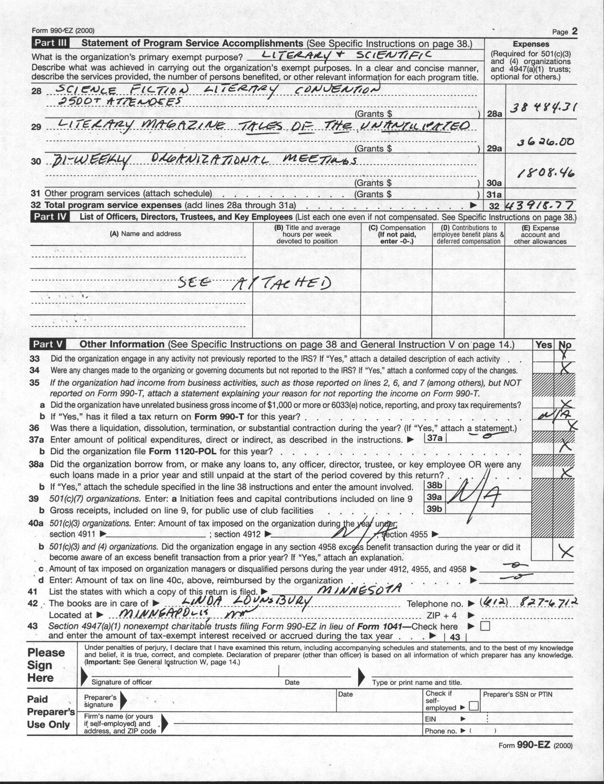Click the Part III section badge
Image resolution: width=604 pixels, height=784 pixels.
coord(50,43)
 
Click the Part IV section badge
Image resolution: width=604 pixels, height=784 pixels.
coord(50,217)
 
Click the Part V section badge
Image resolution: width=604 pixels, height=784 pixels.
coord(49,344)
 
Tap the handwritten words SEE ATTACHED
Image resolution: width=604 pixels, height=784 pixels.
coord(255,283)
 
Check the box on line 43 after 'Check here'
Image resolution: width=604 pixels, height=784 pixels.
coord(485,627)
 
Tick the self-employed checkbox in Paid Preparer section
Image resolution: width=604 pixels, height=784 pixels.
coord(473,707)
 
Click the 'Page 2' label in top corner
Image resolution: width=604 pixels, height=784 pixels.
coord(565,32)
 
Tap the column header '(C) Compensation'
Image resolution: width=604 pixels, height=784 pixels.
coord(397,228)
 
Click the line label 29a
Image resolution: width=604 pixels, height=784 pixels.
coord(495,148)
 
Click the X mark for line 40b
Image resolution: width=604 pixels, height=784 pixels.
coord(565,551)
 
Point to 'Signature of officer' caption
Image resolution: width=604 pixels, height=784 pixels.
coord(122,682)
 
